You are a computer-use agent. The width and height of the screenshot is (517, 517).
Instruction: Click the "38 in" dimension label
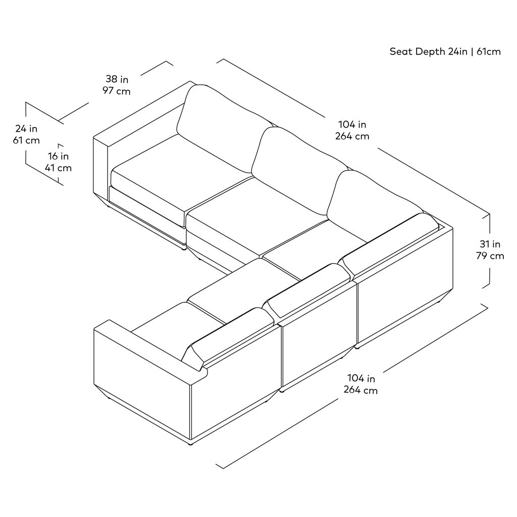(x=117, y=79)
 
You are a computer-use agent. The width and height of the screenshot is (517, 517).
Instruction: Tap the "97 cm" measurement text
(x=117, y=91)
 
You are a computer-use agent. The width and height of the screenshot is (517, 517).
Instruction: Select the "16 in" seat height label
(x=59, y=156)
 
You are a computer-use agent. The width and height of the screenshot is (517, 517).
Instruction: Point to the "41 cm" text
(x=59, y=168)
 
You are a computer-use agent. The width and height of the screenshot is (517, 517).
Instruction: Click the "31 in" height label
(x=490, y=244)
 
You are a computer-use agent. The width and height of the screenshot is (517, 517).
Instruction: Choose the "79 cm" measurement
(x=490, y=256)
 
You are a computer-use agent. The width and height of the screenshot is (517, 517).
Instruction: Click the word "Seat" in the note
(x=400, y=52)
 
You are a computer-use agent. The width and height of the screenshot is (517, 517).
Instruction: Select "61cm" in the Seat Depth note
(x=489, y=52)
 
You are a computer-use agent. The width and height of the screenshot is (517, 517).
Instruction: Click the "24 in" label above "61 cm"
(x=26, y=128)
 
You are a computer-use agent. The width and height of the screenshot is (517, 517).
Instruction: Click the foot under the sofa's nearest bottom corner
(x=190, y=445)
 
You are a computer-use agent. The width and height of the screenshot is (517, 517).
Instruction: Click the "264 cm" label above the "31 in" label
(x=352, y=136)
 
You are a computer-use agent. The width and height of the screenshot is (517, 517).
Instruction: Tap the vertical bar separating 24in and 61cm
(x=472, y=52)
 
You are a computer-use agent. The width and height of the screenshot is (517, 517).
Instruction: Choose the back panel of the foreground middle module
(x=320, y=333)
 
